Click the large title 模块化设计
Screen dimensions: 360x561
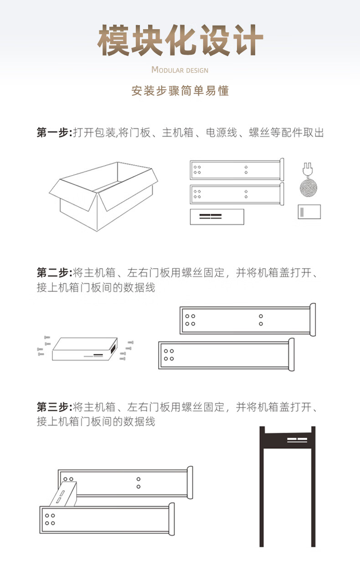click(180, 40)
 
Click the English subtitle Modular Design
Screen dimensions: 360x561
click(180, 70)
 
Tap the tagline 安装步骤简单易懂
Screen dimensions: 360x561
click(180, 91)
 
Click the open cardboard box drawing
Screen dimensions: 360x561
click(103, 196)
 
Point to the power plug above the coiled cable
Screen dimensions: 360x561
click(308, 170)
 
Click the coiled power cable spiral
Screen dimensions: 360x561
click(309, 187)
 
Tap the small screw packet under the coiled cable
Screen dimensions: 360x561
click(309, 212)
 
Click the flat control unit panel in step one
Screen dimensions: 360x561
click(217, 217)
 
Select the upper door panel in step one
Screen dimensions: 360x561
click(237, 170)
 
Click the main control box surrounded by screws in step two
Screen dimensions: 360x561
click(85, 349)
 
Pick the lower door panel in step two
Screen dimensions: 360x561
click(226, 355)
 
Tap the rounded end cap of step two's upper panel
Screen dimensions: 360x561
click(313, 320)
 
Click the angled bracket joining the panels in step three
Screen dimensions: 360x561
click(64, 493)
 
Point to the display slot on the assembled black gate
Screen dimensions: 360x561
click(297, 440)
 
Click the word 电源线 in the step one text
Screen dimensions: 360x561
click(221, 132)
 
